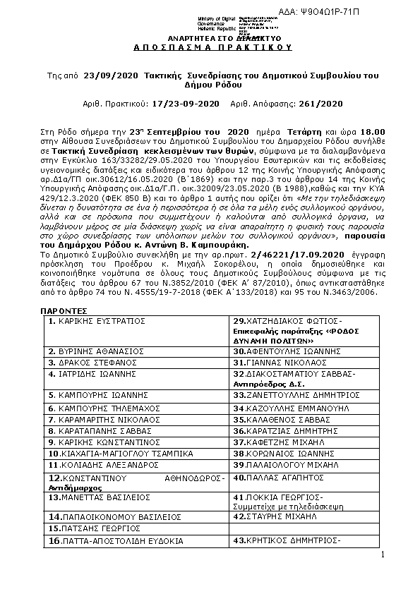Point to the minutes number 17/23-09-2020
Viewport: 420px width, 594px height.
pos(183,104)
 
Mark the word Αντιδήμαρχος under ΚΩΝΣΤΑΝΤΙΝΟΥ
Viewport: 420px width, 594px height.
pos(75,487)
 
